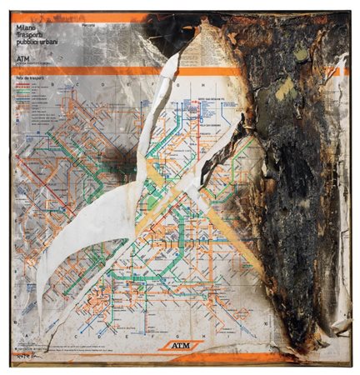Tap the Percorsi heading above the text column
[90, 26]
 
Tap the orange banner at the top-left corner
[50, 17]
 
